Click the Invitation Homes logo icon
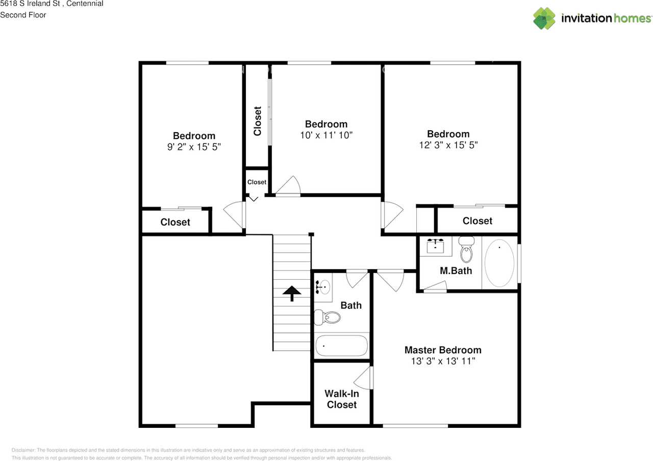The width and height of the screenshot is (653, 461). coord(544,18)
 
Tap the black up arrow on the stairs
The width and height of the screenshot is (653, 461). coord(292,293)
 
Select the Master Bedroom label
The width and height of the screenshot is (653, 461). coord(442,350)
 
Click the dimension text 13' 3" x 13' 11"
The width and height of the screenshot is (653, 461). coord(442,361)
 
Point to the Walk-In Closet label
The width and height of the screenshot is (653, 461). coord(341,399)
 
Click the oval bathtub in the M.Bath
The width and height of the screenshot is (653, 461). coord(499,263)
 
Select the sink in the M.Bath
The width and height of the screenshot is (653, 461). coord(435,247)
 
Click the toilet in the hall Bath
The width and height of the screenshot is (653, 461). coord(328,318)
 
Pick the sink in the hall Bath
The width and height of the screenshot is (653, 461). coord(323,287)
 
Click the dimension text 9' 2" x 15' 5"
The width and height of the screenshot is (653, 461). coord(194,147)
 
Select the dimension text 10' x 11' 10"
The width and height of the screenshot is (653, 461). coord(326,135)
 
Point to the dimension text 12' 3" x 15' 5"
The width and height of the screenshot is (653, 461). coord(448,145)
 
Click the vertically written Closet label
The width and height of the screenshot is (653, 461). coord(258,121)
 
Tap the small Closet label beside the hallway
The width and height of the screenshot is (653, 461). coord(257,182)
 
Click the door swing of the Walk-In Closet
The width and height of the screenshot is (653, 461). coord(364,378)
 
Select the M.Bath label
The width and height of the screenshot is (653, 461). coord(456,271)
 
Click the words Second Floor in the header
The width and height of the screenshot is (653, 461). coord(23,15)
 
